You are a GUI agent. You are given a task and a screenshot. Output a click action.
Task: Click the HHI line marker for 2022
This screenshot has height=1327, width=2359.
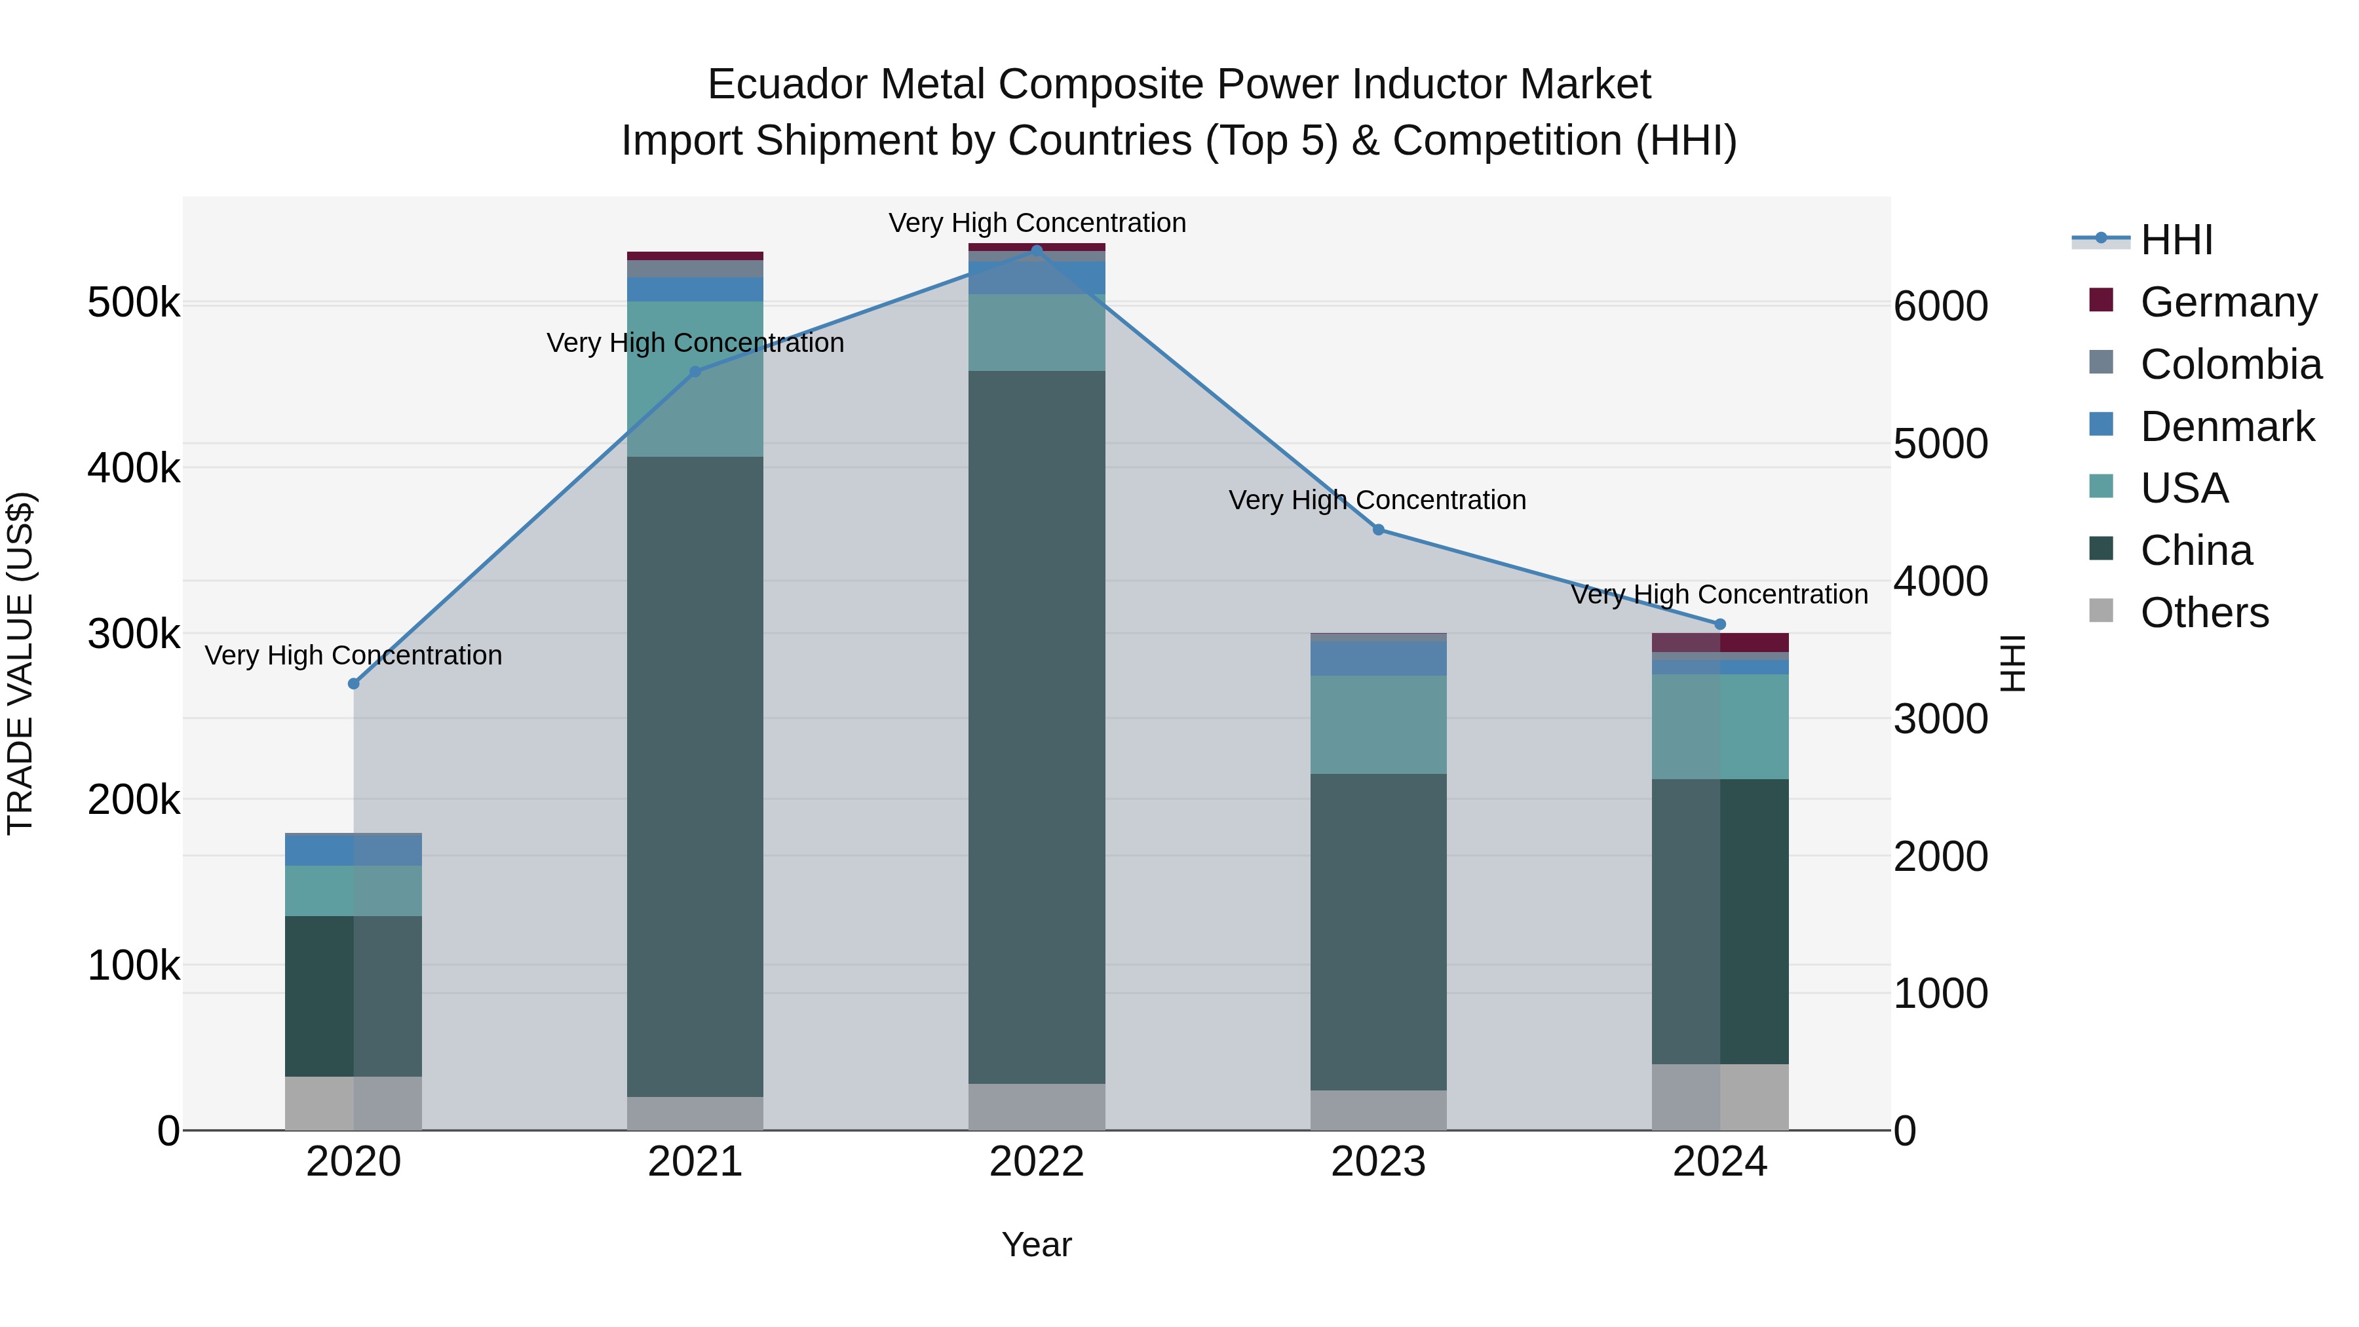click(1037, 250)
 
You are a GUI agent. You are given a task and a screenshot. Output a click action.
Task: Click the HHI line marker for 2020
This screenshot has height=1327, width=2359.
click(353, 684)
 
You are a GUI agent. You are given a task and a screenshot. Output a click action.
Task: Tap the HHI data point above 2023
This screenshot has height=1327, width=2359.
click(1378, 529)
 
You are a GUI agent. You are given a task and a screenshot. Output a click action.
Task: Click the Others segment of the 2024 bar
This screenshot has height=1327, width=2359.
click(1720, 1096)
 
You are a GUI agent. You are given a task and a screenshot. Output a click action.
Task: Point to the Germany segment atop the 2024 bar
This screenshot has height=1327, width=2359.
click(1720, 642)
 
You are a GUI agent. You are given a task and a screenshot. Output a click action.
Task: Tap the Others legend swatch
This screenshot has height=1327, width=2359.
click(2101, 611)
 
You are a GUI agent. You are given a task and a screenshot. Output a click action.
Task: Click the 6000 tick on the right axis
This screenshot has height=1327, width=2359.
click(1940, 306)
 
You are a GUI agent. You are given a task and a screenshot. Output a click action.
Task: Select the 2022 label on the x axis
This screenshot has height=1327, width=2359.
click(1037, 1162)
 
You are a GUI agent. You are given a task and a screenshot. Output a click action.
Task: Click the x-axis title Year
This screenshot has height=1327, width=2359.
click(1037, 1244)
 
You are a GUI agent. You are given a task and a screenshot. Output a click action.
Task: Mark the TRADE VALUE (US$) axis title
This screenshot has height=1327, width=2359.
click(20, 663)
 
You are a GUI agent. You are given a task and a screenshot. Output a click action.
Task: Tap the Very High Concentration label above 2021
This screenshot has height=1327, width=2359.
click(695, 343)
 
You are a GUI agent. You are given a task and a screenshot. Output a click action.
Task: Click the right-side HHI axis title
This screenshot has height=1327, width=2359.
click(2013, 663)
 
